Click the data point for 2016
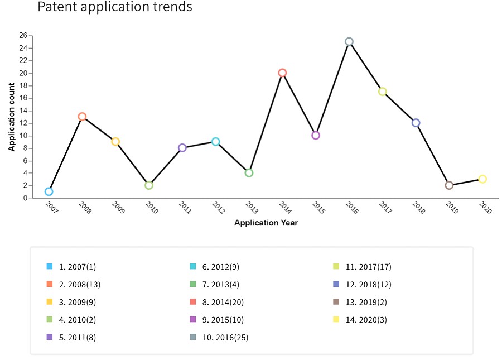point(349,39)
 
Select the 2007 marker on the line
point(49,188)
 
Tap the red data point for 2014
point(282,70)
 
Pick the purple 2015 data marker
point(315,132)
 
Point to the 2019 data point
point(449,182)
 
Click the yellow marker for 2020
point(482,175)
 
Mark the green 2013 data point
point(249,170)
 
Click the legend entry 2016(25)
point(225,337)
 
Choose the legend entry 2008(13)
point(80,285)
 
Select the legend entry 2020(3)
point(366,320)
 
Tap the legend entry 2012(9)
point(220,267)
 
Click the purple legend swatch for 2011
point(49,337)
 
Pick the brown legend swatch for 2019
point(336,302)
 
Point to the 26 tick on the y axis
point(23,35)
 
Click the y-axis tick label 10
point(23,136)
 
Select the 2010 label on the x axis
point(151,207)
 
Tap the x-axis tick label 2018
point(418,207)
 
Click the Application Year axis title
point(266,223)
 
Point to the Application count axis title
point(12,117)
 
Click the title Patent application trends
point(115,6)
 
